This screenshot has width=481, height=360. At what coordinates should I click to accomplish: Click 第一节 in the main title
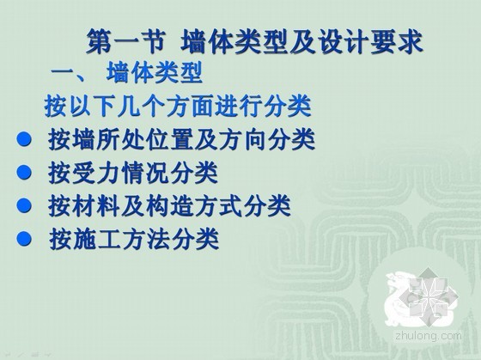tap(126, 42)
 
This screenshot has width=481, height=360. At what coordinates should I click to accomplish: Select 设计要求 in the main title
tap(369, 42)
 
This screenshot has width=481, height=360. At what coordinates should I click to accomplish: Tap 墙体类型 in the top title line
tap(234, 42)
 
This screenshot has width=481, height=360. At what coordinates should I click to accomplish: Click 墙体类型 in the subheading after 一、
tap(155, 73)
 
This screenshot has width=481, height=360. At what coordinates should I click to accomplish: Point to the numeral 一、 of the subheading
tap(70, 74)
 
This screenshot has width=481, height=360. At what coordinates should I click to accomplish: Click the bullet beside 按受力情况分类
tap(24, 172)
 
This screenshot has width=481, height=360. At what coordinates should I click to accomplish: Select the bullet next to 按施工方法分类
tap(24, 238)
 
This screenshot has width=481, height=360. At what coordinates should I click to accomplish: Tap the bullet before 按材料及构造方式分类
tap(24, 205)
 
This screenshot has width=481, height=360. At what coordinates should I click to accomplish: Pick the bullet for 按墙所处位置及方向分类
tap(24, 138)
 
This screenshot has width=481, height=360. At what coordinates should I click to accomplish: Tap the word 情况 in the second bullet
tap(145, 173)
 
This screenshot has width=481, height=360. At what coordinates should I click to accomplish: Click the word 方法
tap(145, 239)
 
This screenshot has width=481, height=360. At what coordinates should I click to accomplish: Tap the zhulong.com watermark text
tap(429, 335)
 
